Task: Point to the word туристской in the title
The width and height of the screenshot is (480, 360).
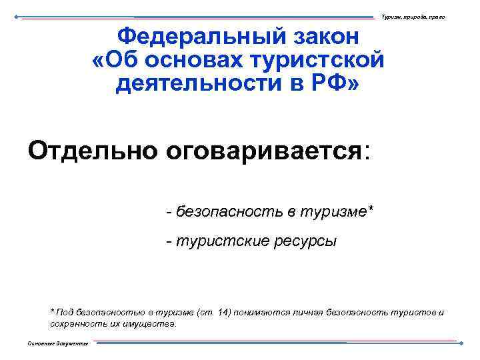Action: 317,61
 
